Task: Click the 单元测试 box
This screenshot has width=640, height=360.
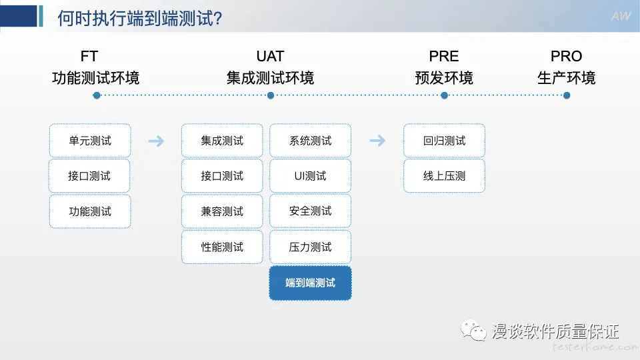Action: [90, 141]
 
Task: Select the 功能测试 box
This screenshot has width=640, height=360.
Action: [90, 211]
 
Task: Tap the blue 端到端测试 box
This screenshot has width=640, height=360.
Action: [310, 283]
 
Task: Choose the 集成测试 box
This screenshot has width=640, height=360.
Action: [222, 141]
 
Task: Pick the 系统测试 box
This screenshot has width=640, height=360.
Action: [310, 141]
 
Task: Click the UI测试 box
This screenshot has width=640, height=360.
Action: [310, 176]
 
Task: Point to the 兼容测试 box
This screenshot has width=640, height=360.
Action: [222, 211]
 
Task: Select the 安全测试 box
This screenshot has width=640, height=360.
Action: [310, 211]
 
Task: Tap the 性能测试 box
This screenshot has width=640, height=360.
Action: [222, 247]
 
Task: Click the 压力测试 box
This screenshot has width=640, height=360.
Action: [310, 247]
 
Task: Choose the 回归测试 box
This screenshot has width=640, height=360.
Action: [444, 141]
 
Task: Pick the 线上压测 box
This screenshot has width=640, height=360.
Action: [444, 176]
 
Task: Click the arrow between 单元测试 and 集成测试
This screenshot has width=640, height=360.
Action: [156, 141]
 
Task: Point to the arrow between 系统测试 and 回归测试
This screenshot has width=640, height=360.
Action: [377, 141]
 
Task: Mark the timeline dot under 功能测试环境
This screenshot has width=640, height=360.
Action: [97, 95]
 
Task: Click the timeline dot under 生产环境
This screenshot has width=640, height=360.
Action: [567, 95]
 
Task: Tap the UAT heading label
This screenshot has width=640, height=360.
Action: [270, 56]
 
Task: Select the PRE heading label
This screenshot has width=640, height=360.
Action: [444, 56]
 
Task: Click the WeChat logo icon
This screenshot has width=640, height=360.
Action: [473, 330]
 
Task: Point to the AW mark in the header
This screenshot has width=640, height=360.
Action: [621, 16]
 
